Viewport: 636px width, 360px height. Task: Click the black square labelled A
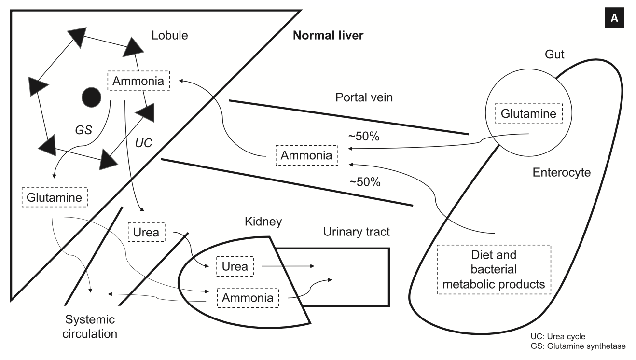coord(614,18)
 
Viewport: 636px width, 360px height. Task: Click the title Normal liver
coord(328,36)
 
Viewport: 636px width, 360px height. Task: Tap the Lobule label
coord(169,36)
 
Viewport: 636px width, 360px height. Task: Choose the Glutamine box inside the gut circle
coord(528,114)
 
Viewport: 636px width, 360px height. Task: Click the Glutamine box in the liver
coord(54,198)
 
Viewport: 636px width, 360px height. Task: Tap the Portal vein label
coord(364,97)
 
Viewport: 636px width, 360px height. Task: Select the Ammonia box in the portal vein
coord(306,155)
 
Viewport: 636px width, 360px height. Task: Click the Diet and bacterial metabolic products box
coord(494,269)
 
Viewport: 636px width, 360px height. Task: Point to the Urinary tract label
coord(356,233)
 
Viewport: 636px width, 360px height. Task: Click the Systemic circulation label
coord(91,326)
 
